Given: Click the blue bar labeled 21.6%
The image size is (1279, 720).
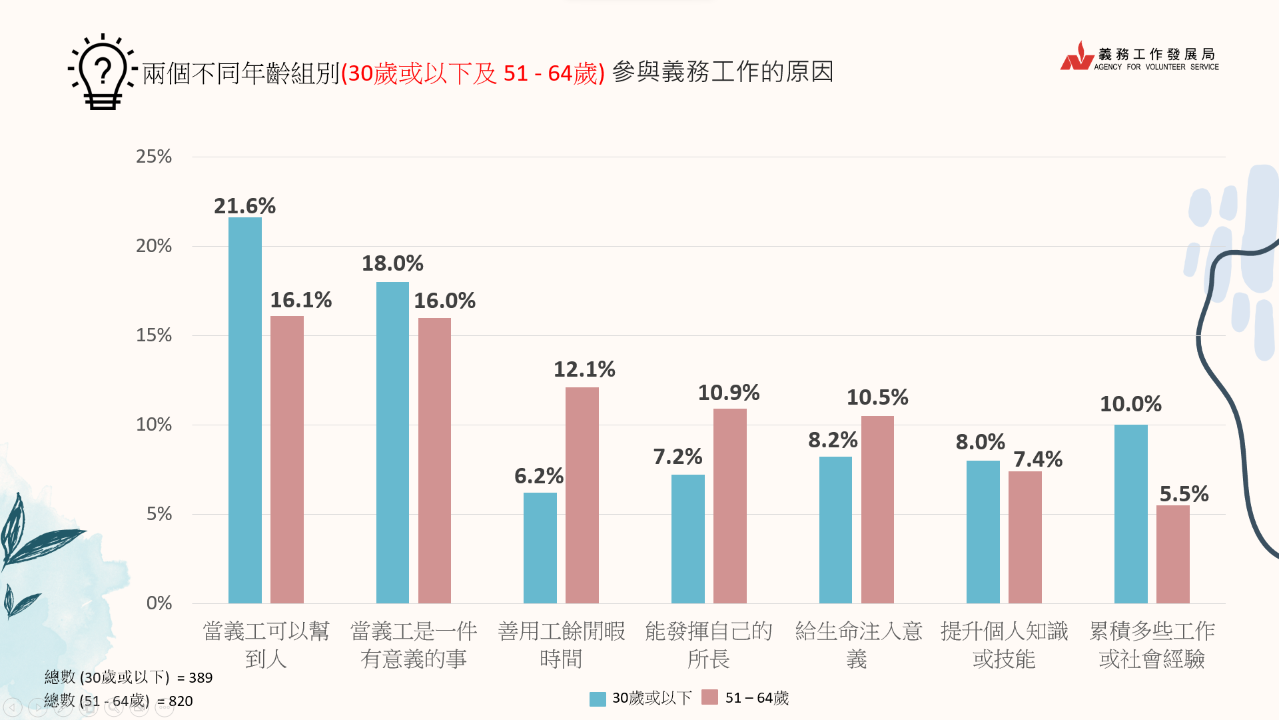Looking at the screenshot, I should (244, 410).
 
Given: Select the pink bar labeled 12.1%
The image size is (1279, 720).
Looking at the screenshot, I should (582, 495).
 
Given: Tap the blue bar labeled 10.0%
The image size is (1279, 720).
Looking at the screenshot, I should (1130, 513).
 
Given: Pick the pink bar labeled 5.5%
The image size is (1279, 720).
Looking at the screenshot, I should (1172, 554).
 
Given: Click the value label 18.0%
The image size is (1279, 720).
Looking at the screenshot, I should (392, 263).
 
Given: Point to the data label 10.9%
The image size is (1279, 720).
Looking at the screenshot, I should (728, 393).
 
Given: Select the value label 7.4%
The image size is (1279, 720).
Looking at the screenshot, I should (1037, 459).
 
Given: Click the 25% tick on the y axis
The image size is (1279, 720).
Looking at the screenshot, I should (154, 157).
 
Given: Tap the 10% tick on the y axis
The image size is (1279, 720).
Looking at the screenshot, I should (154, 425).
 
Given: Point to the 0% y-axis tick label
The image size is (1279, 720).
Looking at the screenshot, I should (159, 603).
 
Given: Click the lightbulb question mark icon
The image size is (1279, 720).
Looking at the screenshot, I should (103, 72).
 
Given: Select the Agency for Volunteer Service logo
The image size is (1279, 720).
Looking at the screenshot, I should (1139, 57).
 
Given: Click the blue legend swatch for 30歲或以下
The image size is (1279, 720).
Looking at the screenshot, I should (598, 698).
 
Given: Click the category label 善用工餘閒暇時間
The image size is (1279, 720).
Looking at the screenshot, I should (561, 645).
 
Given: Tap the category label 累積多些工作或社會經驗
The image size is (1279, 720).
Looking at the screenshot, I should (1152, 645).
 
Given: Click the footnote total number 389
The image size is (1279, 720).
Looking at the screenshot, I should (201, 678).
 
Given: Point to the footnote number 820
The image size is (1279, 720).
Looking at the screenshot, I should (181, 701).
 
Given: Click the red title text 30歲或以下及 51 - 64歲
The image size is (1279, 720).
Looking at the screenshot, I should (472, 73).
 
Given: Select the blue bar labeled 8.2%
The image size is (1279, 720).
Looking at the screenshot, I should (835, 530).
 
